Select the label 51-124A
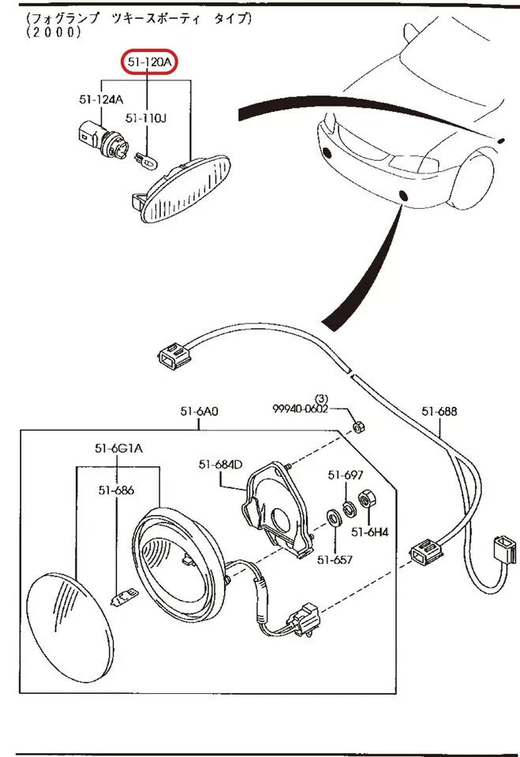click(x=101, y=99)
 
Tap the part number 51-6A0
click(x=199, y=411)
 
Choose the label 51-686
click(x=116, y=490)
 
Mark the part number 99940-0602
click(x=300, y=408)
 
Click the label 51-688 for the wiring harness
click(x=439, y=411)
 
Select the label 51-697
click(x=346, y=475)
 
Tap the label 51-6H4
click(x=370, y=532)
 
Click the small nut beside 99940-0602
click(x=355, y=427)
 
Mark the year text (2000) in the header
click(x=53, y=32)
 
